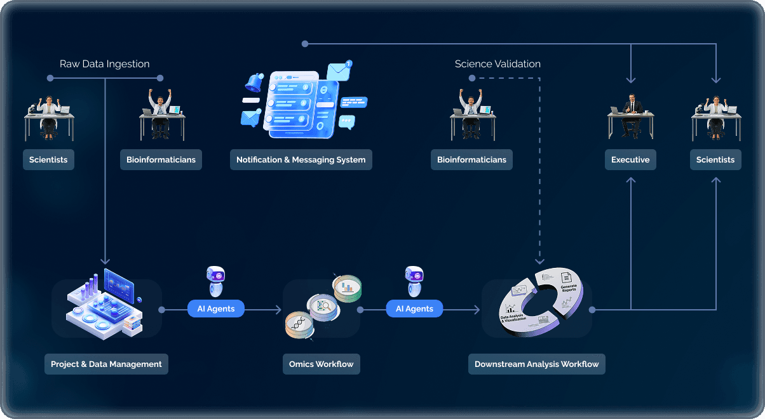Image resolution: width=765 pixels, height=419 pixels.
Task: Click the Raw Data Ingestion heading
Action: [x=105, y=64]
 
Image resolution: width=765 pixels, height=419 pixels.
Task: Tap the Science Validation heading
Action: [x=498, y=64]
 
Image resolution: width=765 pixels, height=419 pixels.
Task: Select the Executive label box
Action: [x=630, y=160]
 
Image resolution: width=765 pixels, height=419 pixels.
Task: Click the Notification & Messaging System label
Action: [x=301, y=160]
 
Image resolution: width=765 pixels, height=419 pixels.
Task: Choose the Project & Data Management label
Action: [x=106, y=364]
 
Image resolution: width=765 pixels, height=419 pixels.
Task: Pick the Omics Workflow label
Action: [x=321, y=364]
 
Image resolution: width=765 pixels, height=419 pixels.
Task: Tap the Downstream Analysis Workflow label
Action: [x=537, y=364]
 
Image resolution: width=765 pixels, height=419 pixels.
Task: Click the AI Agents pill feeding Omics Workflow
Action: [x=216, y=309]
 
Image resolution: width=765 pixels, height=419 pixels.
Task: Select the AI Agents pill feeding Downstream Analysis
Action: [x=414, y=309]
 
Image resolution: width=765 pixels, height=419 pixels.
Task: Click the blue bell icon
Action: [x=255, y=83]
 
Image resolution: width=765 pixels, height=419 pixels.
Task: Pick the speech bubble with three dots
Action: [x=346, y=121]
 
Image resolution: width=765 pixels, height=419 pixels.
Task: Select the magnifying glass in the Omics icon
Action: [x=325, y=307]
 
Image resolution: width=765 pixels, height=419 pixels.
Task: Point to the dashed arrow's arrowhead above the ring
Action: [x=539, y=260]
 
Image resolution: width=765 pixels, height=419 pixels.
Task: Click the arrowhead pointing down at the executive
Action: [x=630, y=80]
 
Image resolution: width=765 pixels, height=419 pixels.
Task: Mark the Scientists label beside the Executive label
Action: [x=715, y=160]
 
